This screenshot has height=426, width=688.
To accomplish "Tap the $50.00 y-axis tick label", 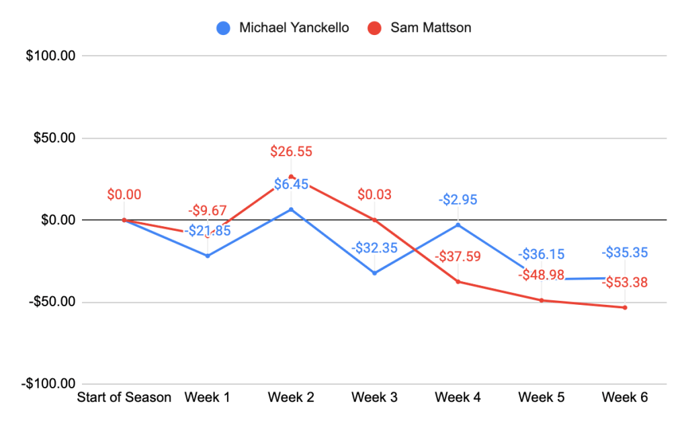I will click(52, 139).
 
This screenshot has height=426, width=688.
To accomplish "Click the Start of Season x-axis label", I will click(124, 398).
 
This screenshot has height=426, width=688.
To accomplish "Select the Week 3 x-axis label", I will click(374, 398).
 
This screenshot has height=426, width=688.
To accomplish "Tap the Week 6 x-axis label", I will click(625, 398).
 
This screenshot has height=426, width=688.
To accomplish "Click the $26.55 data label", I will click(291, 151).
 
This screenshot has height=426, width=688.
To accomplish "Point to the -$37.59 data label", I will click(458, 256).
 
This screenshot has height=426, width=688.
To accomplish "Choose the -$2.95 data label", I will click(458, 200).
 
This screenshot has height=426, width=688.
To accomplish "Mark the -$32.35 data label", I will click(374, 247).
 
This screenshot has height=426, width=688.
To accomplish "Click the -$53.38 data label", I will click(625, 283).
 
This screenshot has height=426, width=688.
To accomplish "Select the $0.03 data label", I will click(374, 195).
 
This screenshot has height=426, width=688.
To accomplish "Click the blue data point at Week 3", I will click(374, 273).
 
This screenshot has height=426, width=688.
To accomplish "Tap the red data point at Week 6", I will click(625, 308).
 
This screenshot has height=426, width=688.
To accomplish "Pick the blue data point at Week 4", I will click(458, 225).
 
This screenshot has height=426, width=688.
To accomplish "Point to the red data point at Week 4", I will click(458, 281).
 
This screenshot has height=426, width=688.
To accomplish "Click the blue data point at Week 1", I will click(208, 256).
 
